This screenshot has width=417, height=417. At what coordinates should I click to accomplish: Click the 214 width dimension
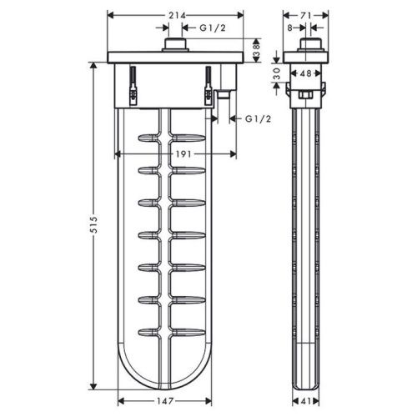pos(174,15)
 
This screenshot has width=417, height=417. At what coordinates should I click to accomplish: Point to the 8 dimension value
pos(289,28)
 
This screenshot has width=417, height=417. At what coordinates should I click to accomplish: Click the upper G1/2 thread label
pos(212,28)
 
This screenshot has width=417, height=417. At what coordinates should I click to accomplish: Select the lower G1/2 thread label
pos(258,119)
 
